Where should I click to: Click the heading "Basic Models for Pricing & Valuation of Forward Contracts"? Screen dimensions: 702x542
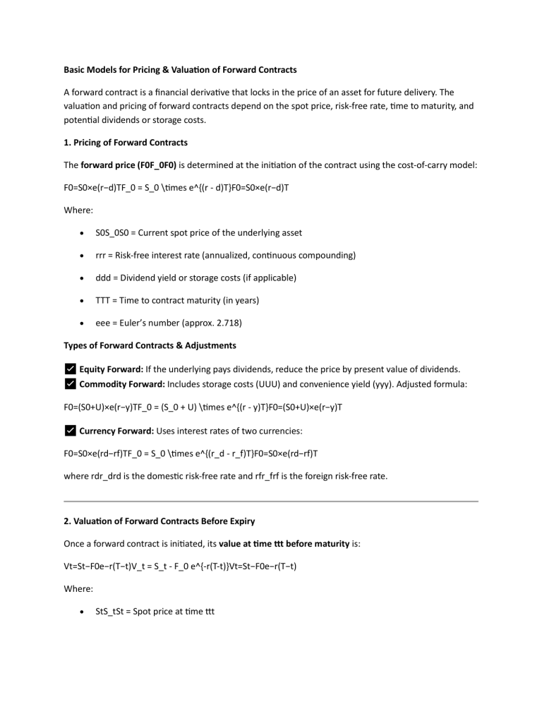click(180, 70)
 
